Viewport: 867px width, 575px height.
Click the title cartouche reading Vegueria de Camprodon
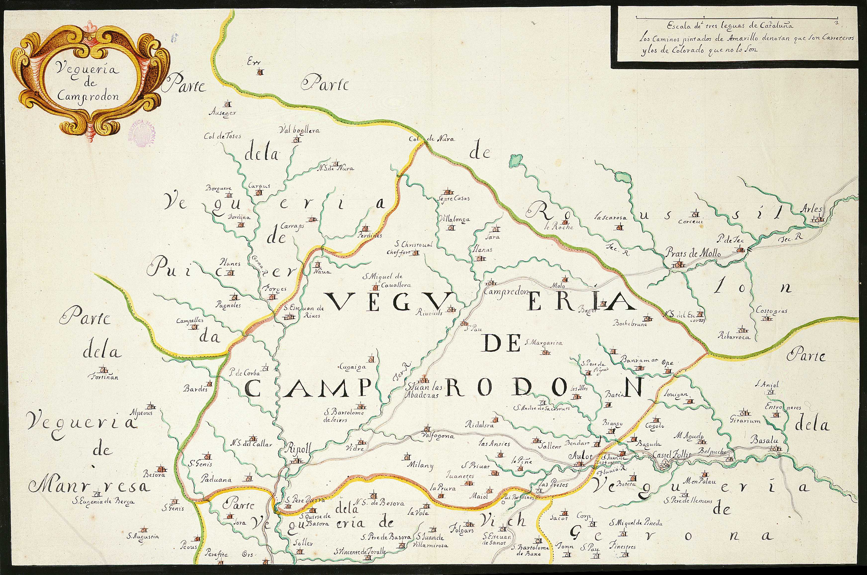pyautogui.click(x=90, y=79)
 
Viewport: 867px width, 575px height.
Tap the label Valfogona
pyautogui.click(x=439, y=436)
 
